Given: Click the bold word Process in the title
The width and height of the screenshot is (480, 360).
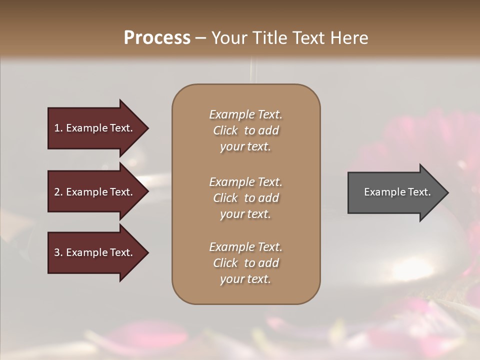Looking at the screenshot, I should (157, 38).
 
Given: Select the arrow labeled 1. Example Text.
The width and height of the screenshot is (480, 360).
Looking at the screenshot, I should (95, 128).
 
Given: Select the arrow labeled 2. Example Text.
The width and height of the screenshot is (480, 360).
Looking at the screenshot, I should (95, 192).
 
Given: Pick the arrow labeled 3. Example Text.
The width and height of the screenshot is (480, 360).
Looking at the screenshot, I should (95, 253).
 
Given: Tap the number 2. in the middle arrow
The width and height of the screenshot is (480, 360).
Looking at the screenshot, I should (58, 192).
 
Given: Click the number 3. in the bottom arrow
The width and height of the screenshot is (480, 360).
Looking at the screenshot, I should (58, 253).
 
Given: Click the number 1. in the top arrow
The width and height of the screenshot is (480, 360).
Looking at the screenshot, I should (58, 128).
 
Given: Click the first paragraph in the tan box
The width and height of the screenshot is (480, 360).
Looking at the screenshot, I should (245, 130).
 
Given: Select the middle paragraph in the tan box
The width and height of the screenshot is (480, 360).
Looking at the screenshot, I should (245, 198).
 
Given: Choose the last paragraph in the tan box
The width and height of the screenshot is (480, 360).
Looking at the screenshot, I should (245, 263).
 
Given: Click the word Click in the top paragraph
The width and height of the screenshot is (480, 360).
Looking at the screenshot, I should (225, 131).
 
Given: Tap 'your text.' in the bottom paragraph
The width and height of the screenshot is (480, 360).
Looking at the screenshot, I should (245, 279).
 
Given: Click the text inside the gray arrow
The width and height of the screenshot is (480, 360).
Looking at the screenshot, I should (397, 192).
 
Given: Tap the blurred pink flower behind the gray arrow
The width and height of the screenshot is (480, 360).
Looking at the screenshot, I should (385, 145).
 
